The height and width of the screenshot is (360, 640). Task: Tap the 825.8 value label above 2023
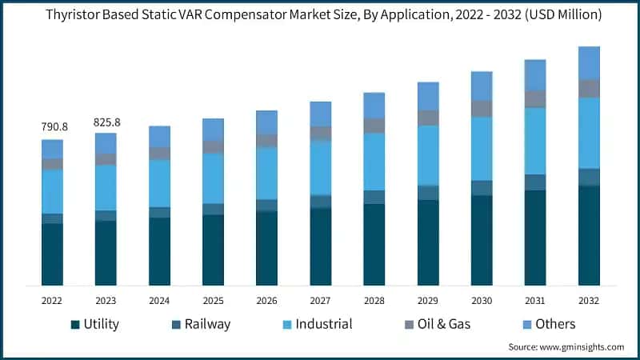106,122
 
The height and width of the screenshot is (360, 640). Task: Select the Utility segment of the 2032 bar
589,235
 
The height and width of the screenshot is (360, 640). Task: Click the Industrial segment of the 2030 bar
482,149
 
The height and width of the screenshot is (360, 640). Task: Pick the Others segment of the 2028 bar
374,106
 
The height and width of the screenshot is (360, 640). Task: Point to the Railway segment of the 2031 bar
535,182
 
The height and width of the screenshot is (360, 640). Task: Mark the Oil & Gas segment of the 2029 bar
428,118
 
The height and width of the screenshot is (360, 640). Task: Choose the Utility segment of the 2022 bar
52,254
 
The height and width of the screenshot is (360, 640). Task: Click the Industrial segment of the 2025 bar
213,178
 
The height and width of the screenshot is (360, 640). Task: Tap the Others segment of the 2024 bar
159,137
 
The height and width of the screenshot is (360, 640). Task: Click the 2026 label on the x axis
266,302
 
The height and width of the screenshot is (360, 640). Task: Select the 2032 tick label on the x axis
589,302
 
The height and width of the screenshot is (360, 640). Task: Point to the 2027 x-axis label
320,302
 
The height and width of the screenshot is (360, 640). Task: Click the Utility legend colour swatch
76,324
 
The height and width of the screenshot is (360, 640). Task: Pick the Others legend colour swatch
524,324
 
